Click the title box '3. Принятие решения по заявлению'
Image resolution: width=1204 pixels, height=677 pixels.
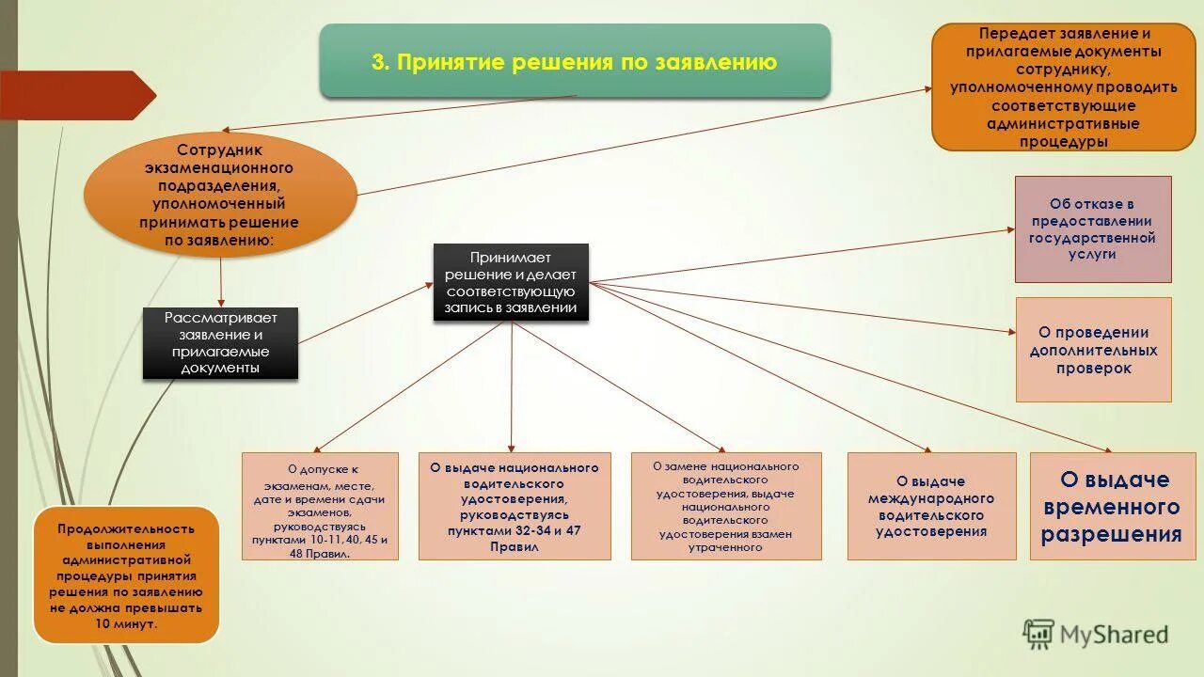pos(575,62)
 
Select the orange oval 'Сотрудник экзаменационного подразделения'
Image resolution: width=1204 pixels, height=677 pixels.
pos(220,196)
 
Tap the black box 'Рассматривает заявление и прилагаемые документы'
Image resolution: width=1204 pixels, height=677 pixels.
pos(220,343)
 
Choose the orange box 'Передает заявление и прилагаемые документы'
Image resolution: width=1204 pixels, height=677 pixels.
pos(1063,87)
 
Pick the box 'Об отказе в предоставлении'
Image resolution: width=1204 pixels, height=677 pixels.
pos(1093,228)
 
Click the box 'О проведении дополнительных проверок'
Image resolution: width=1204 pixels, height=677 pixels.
pos(1093,350)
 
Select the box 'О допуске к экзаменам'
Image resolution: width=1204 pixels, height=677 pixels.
pos(320,507)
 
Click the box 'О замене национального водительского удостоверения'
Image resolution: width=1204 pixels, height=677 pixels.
pos(726,507)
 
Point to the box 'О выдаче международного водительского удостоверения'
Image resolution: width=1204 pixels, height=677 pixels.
pos(931,507)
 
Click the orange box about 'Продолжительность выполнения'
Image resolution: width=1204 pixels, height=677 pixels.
pos(127,575)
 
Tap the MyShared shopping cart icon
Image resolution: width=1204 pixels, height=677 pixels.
pos(1038,635)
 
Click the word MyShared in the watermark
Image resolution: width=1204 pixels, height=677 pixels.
pos(1115,635)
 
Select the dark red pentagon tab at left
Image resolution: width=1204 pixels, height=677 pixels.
pos(75,95)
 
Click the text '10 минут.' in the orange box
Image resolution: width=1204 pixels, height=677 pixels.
pos(127,624)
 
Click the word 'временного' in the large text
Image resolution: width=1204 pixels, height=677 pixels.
pos(1111,508)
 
